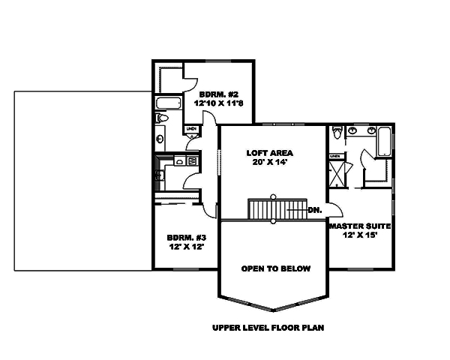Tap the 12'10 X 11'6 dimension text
coord(217,104)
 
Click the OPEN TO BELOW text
coord(275,268)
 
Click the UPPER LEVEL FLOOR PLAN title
coord(268,328)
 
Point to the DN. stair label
coord(314,211)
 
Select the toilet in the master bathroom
coord(337,133)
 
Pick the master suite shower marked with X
coord(336,173)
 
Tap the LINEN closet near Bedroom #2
coord(191,130)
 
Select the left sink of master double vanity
coord(352,131)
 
